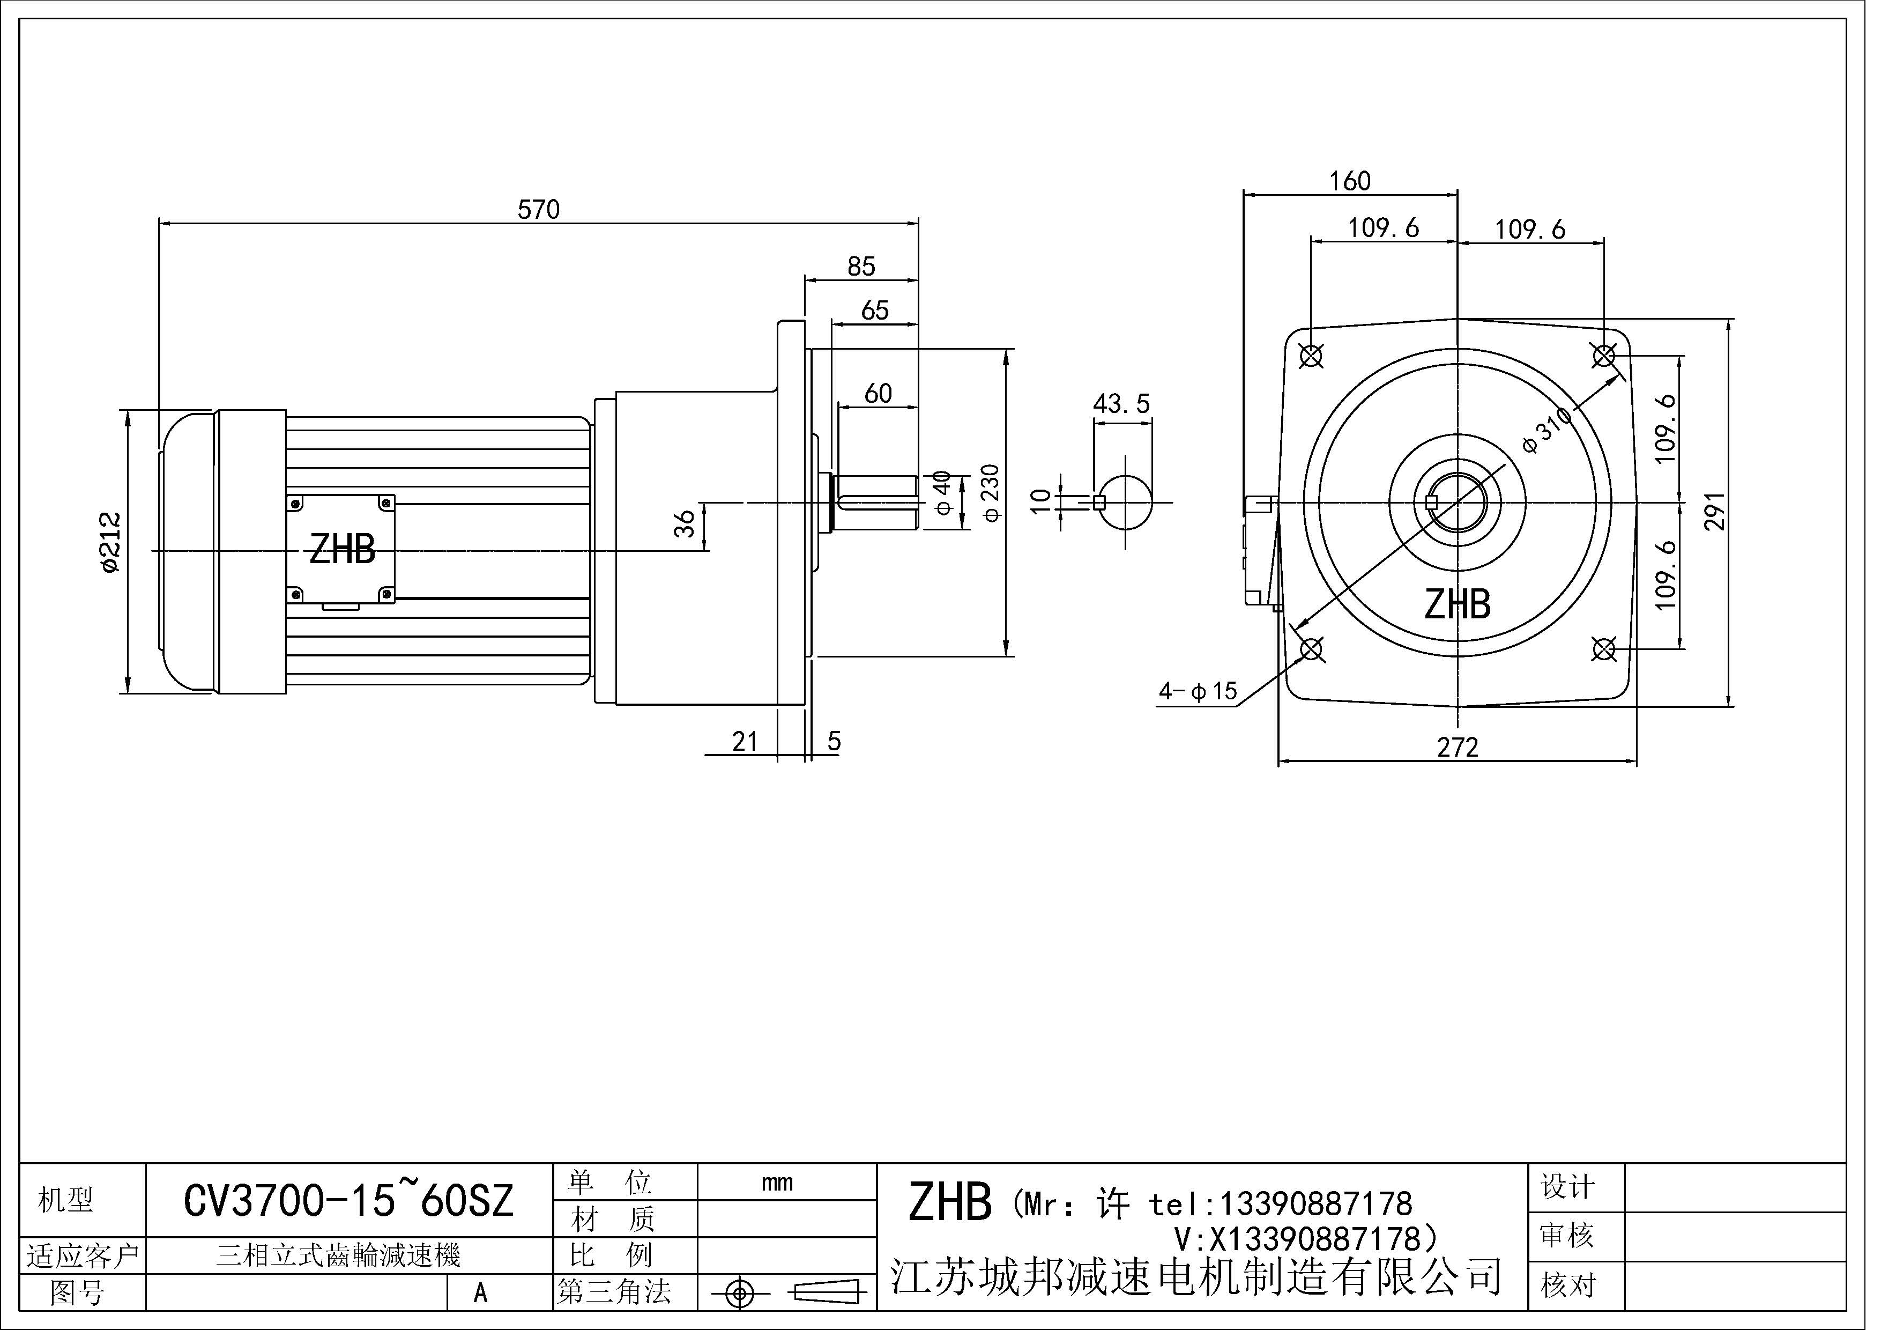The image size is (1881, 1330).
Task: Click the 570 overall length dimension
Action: point(538,210)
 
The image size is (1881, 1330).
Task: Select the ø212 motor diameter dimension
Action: point(110,543)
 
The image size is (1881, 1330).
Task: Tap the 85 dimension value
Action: point(861,267)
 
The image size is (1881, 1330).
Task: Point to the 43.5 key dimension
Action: point(1121,403)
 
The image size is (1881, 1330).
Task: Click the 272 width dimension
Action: point(1458,748)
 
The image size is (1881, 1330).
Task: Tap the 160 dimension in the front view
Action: point(1349,181)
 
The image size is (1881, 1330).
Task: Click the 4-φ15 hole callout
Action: point(1197,692)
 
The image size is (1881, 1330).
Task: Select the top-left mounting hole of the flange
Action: point(1312,356)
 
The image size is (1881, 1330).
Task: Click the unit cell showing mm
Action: point(777,1183)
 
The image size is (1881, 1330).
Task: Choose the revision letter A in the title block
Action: point(481,1293)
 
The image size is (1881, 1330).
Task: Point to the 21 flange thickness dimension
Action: point(744,742)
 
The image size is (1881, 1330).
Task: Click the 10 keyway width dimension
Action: point(1039,501)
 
